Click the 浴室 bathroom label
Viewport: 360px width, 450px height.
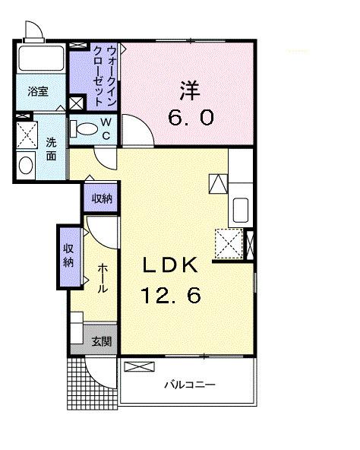point(38,92)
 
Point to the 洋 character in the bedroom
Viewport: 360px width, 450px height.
point(190,90)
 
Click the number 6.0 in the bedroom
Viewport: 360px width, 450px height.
point(190,118)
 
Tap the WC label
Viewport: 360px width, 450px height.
point(106,130)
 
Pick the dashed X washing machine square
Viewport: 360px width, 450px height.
point(27,137)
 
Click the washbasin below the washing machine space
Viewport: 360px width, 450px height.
point(25,165)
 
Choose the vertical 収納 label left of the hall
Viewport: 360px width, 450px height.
point(68,256)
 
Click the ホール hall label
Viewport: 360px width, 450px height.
point(102,280)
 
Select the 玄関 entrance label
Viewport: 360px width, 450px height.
point(101,341)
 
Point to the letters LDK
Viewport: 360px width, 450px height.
point(172,265)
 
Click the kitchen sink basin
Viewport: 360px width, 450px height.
point(240,208)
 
